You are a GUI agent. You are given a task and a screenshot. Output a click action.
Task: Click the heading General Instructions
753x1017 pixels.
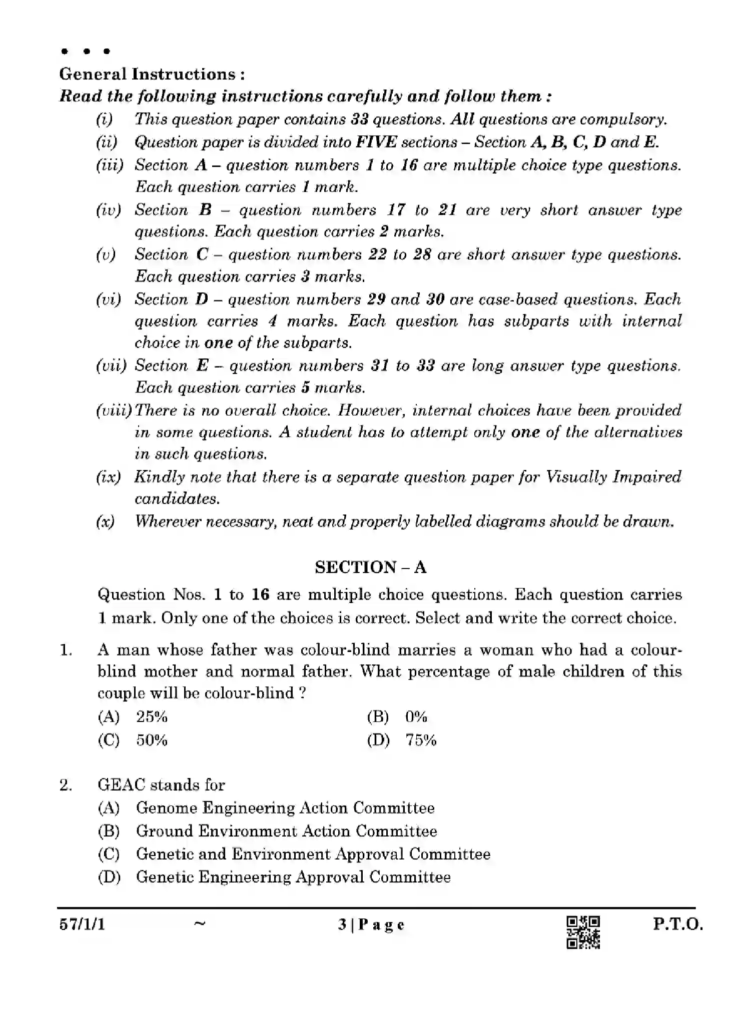pos(152,74)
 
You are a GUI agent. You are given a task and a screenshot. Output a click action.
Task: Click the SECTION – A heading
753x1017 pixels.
pos(370,567)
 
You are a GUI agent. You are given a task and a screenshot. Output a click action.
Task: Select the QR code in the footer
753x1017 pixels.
pos(583,932)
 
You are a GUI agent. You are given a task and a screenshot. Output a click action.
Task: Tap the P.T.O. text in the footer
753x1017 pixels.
pos(677,924)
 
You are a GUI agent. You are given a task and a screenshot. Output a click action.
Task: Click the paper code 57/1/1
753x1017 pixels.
pos(82,924)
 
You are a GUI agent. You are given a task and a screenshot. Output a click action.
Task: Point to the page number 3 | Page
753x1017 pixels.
pos(371,925)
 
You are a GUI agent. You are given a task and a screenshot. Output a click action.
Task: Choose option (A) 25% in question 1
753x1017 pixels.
pos(133,716)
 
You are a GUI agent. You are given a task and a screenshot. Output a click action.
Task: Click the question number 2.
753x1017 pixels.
pos(66,785)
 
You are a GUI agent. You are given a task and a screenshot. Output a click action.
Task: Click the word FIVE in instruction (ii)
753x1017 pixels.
pos(376,142)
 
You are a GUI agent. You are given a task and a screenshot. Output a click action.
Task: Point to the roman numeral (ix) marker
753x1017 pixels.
pos(108,477)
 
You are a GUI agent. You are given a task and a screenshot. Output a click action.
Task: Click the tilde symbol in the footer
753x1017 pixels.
pos(199,924)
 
